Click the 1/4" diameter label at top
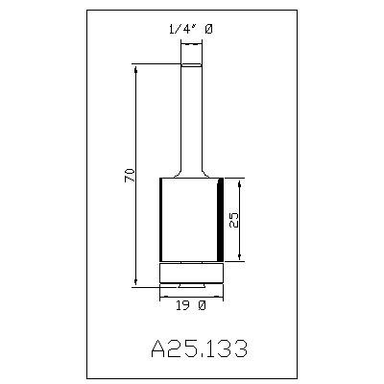(190, 30)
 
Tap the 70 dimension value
(130, 175)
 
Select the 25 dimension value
(234, 220)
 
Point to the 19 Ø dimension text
(191, 306)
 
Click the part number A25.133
(199, 348)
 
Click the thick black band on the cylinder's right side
(220, 220)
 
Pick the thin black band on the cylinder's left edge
(161, 220)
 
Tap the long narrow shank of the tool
(192, 118)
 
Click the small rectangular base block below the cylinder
(191, 274)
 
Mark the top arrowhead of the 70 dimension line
(136, 69)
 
